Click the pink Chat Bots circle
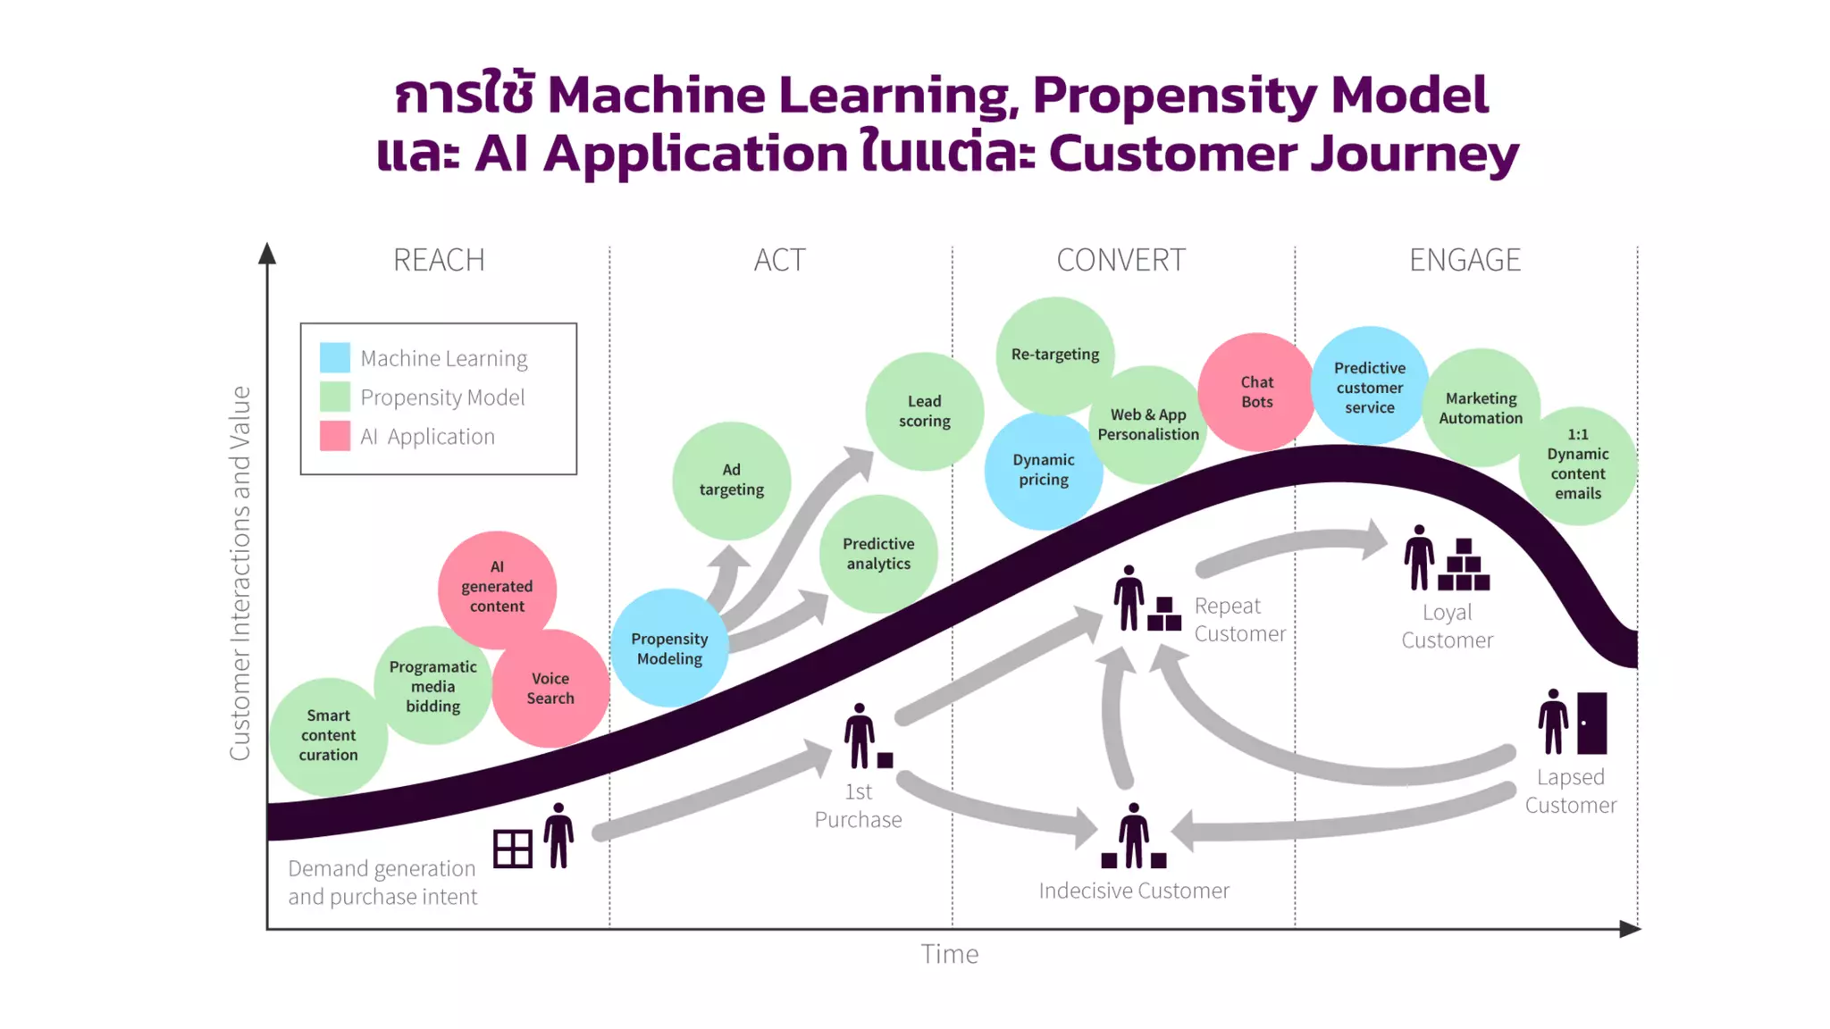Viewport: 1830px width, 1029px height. coord(1256,391)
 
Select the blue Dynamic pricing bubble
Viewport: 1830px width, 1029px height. coord(1043,471)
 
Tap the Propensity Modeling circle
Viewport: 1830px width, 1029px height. coord(669,648)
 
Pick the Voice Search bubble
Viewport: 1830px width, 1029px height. coord(550,689)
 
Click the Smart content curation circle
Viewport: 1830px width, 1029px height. coord(328,735)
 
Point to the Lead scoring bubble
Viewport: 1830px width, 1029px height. coord(924,411)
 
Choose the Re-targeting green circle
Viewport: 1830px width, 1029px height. coord(1054,355)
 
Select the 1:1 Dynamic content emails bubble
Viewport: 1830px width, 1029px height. coord(1577,464)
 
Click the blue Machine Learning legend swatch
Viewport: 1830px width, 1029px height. coord(335,357)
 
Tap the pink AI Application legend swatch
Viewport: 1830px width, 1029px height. coord(335,436)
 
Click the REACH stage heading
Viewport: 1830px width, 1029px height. coord(439,260)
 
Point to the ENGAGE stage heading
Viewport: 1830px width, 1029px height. coord(1465,260)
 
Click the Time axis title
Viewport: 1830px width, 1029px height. coord(949,954)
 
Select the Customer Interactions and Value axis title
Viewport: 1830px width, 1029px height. coord(239,573)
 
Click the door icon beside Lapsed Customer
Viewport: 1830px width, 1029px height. coord(1591,723)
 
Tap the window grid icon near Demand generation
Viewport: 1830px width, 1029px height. coord(513,849)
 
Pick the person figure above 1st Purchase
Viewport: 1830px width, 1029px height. coord(860,735)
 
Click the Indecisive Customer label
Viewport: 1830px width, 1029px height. coord(1133,891)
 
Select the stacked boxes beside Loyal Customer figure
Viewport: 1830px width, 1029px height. coord(1464,565)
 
